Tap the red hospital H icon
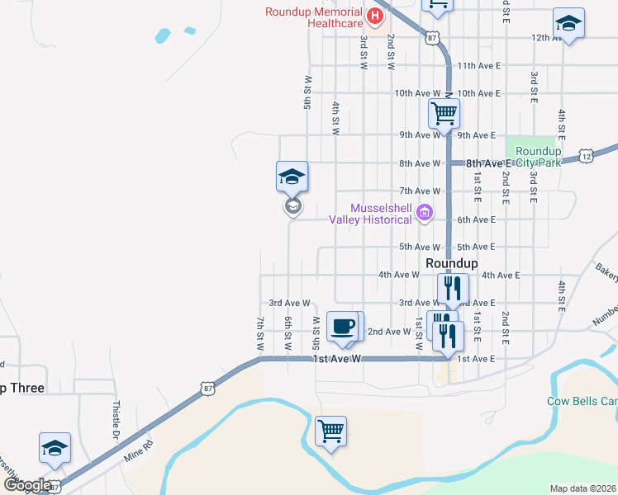(x=376, y=16)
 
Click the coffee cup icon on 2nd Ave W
(x=343, y=326)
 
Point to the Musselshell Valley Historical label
(x=370, y=214)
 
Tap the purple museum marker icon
(x=425, y=214)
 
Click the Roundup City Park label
(x=538, y=157)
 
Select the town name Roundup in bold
(x=452, y=262)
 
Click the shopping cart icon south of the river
(x=330, y=430)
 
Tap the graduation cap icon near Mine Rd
(x=55, y=448)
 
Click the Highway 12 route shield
(x=586, y=156)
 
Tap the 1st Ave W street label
(x=338, y=359)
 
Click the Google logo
(x=28, y=485)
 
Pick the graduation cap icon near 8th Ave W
(x=292, y=176)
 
